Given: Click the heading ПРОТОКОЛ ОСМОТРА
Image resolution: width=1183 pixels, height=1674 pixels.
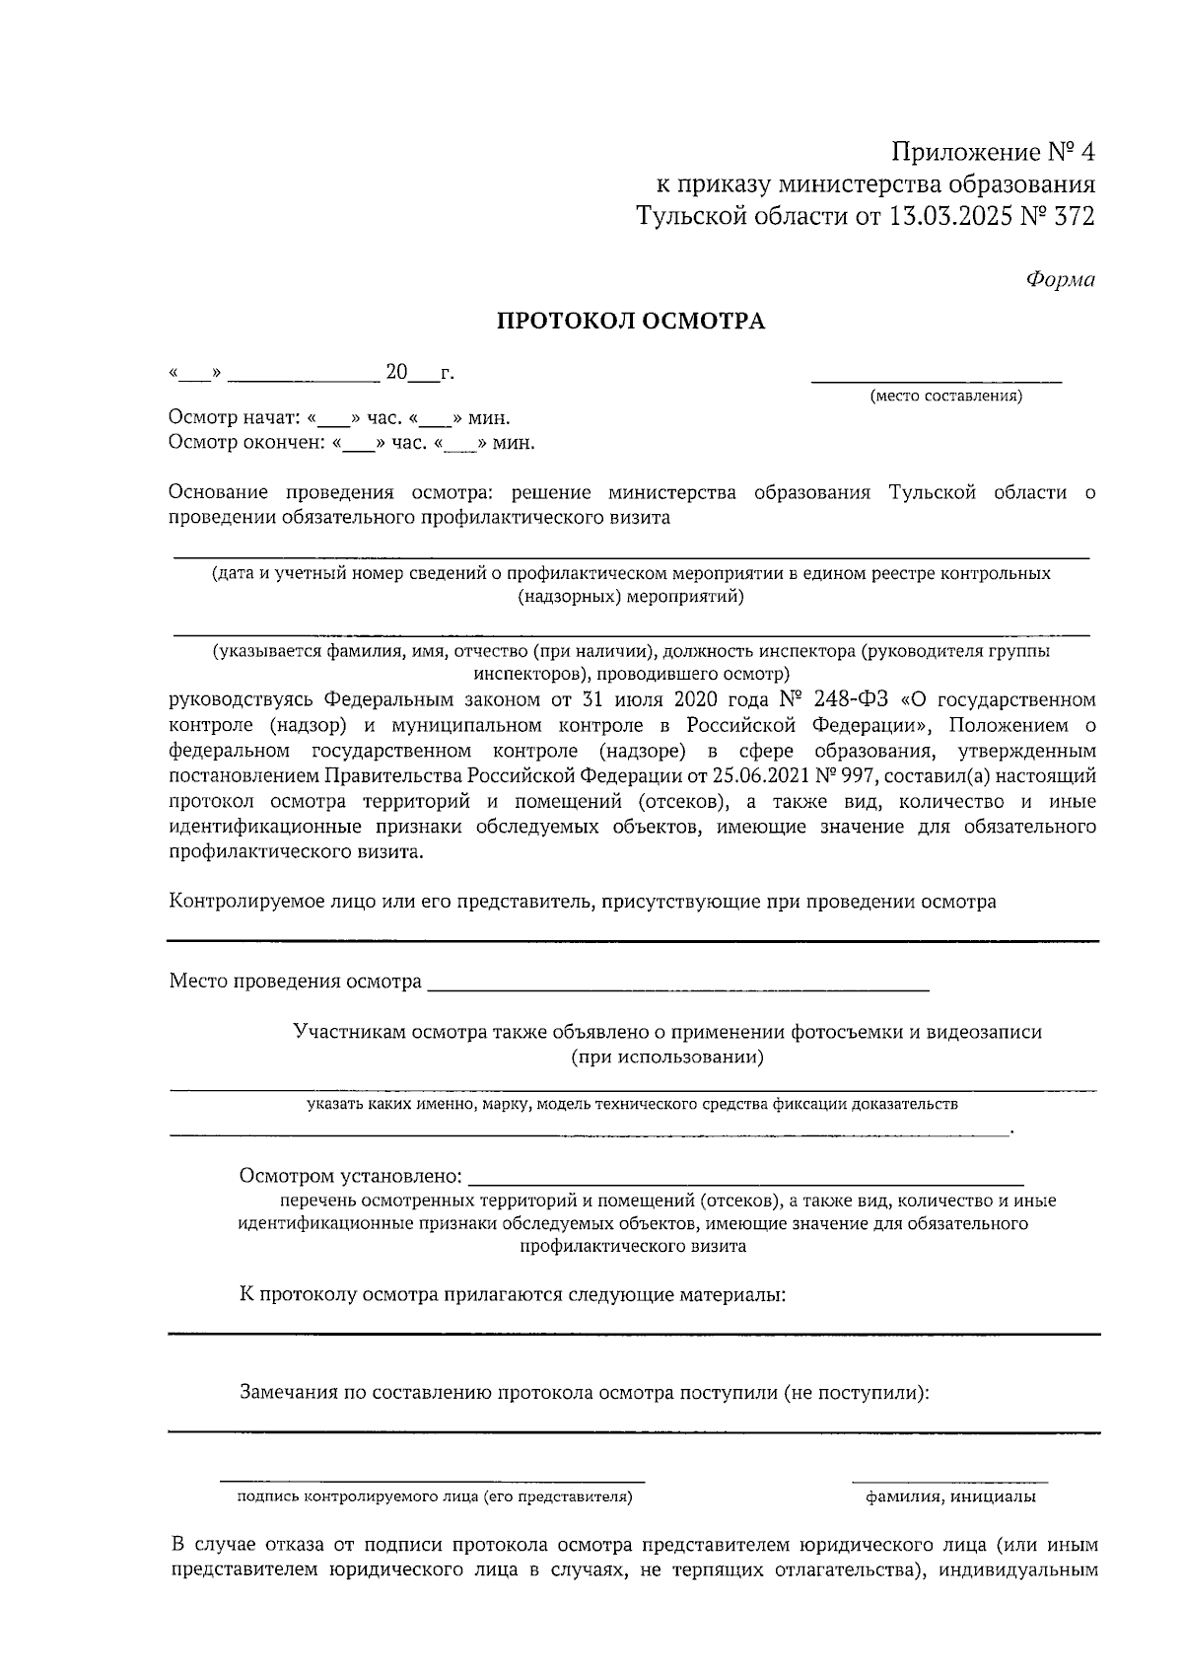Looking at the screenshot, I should click(x=630, y=322).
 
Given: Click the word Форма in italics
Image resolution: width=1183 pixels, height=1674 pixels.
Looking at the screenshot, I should click(x=1060, y=280).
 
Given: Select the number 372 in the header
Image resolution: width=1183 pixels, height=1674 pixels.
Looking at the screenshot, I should click(x=1074, y=216).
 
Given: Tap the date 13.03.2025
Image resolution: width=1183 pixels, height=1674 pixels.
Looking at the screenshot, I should click(x=947, y=216).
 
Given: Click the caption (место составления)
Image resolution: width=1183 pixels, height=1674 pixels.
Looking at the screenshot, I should click(x=945, y=397).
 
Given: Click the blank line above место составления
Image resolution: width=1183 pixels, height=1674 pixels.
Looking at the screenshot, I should click(x=936, y=378).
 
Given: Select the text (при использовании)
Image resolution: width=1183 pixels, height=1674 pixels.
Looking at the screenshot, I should click(x=667, y=1057).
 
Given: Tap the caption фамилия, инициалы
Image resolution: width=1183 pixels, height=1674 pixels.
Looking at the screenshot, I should click(x=950, y=1497).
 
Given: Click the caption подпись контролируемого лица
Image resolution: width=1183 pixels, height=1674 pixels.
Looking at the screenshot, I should click(x=435, y=1497).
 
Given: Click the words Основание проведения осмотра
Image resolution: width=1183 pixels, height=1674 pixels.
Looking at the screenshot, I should click(x=321, y=492).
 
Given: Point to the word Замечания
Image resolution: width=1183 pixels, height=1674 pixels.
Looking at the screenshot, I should click(x=287, y=1393).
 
